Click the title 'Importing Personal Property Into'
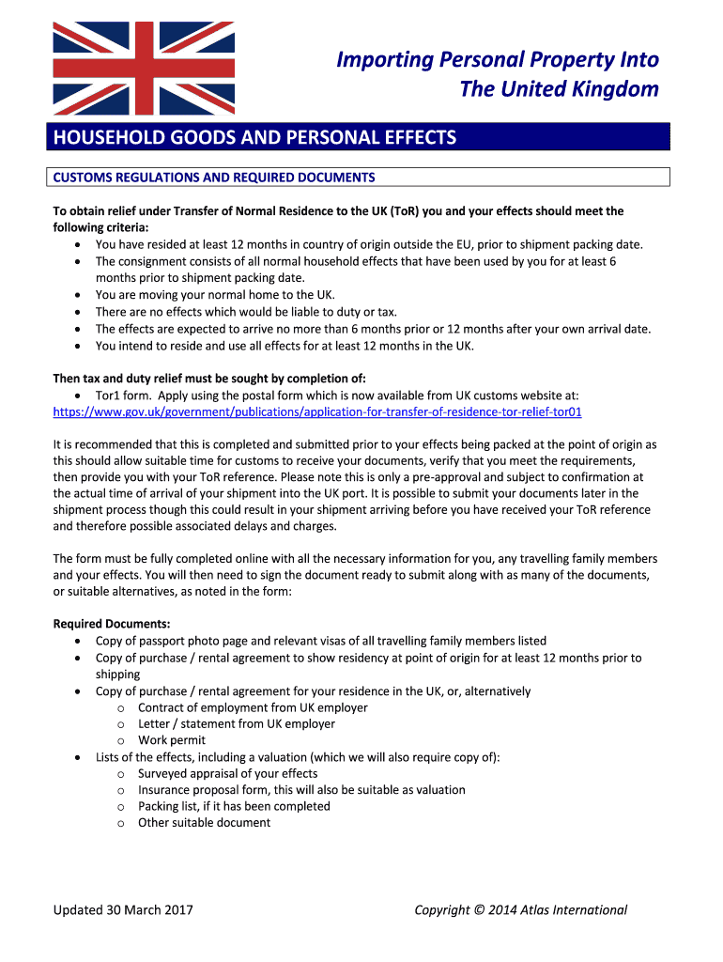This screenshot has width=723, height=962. [498, 60]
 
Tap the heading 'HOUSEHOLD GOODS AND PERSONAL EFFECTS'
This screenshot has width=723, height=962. [254, 138]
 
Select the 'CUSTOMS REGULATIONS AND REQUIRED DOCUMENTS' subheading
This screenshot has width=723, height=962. [214, 177]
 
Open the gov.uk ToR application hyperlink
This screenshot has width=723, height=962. [324, 411]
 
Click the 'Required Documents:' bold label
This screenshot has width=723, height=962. [112, 624]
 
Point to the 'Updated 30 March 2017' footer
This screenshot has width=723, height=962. [123, 909]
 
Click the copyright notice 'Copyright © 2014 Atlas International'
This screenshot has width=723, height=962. [521, 909]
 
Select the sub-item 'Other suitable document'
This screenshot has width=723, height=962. [204, 822]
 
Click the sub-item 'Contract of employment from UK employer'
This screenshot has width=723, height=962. [253, 707]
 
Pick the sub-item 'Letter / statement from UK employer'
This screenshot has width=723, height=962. [236, 723]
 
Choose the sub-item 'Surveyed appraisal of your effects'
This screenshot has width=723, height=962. [227, 773]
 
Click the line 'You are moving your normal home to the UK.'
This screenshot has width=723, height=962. [215, 294]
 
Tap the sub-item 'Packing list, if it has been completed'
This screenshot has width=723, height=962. [234, 806]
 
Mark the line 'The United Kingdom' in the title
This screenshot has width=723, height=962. [559, 89]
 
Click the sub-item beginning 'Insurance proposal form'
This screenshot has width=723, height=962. [301, 789]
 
